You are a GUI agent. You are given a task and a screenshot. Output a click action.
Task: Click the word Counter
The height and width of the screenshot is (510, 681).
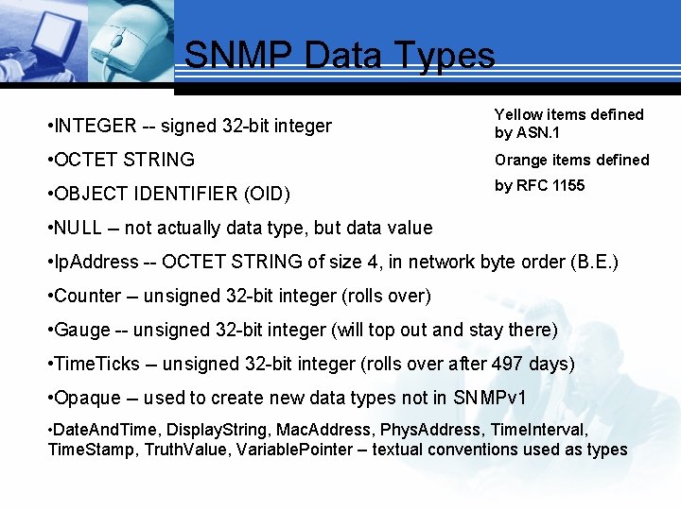(x=88, y=296)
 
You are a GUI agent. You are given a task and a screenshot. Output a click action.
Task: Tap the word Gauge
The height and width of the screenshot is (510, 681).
(x=83, y=330)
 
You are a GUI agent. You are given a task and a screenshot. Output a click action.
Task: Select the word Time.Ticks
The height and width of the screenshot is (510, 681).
(x=97, y=364)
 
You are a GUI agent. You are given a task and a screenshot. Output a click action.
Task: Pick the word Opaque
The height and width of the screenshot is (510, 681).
(x=88, y=398)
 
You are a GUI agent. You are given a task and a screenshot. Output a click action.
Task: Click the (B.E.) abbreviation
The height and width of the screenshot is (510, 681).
(x=595, y=262)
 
